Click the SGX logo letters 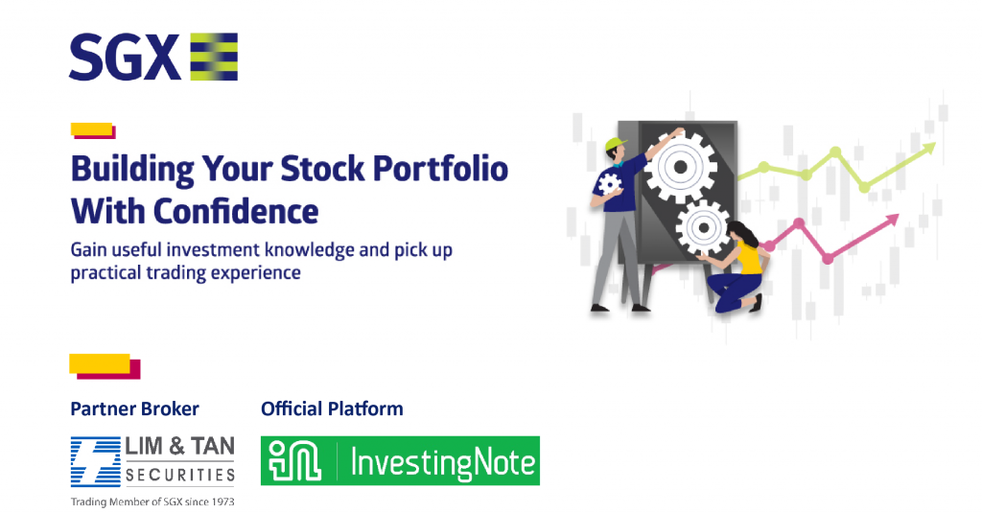(125, 57)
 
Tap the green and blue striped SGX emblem (214, 57)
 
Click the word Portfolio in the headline (440, 170)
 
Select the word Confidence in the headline (236, 211)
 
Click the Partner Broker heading (134, 408)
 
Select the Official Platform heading (332, 408)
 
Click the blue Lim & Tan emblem (96, 461)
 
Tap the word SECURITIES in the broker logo (179, 476)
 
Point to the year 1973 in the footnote (222, 501)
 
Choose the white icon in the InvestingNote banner (294, 461)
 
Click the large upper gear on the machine (681, 167)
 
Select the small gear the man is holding (609, 184)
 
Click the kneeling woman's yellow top (749, 258)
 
